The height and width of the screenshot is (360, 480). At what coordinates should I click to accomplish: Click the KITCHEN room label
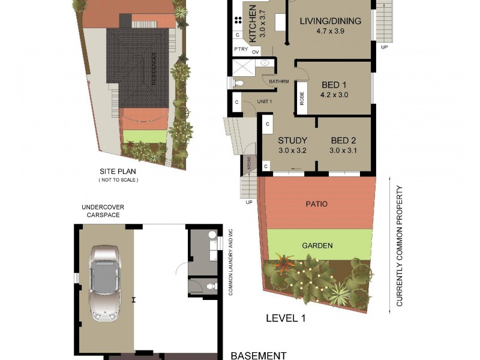pos(253,23)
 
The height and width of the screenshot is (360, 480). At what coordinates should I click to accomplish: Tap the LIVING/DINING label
pos(330,21)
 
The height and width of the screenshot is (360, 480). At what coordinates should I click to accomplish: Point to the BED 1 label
pos(334,85)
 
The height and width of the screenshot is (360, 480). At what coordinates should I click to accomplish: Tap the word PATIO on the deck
pos(317,204)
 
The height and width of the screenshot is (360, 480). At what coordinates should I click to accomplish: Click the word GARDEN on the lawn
pos(317,245)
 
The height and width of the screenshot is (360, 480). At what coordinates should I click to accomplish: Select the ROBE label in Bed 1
pos(301,98)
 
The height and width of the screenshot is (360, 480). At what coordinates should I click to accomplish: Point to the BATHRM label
pos(279,81)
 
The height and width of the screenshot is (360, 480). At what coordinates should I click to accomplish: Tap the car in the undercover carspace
pos(104,283)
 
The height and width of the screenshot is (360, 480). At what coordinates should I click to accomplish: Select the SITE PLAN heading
pos(118,170)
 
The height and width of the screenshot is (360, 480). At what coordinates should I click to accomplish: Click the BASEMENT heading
pos(259,355)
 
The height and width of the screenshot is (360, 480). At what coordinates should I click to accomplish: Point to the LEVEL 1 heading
pos(286,318)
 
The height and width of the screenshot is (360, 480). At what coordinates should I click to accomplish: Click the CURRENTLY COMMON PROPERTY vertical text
pos(400,246)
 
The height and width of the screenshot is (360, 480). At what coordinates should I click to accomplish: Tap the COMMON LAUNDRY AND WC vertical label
pos(230,262)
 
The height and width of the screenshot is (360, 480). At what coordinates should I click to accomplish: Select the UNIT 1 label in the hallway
pos(265,101)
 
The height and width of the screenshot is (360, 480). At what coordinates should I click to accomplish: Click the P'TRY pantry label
pos(241,49)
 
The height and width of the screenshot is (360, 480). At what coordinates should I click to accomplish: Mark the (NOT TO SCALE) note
pos(118,180)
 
